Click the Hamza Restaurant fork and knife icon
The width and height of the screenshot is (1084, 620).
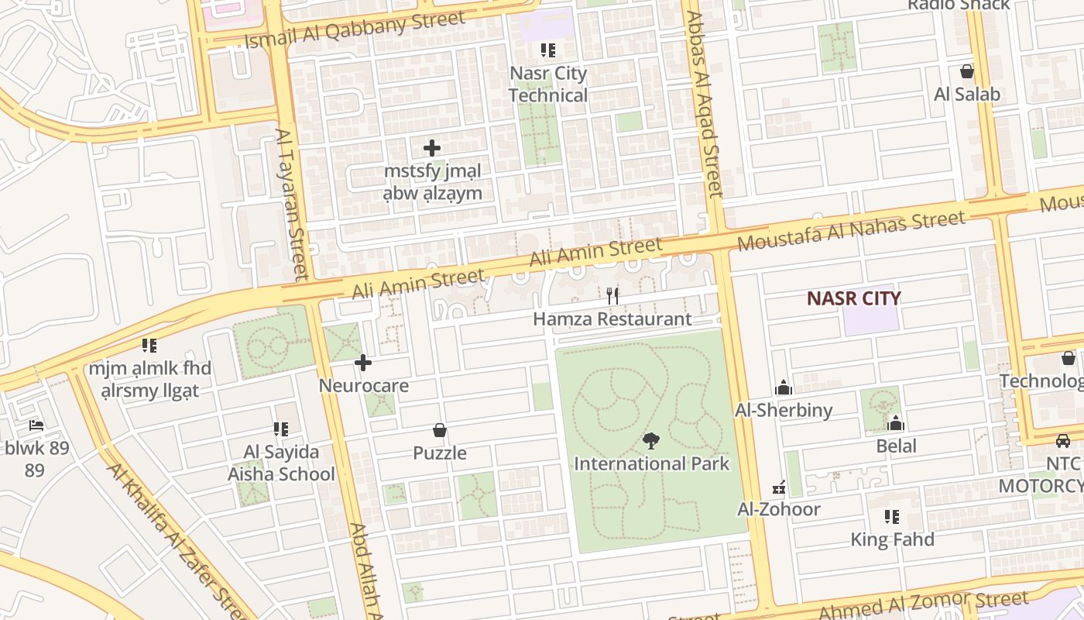(612, 295)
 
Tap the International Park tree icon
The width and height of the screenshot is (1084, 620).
(651, 441)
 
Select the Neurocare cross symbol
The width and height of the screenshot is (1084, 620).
(363, 363)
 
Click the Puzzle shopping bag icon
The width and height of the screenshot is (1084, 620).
(440, 430)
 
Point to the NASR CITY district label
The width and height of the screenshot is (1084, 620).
(854, 298)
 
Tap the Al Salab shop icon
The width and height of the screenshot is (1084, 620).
(967, 72)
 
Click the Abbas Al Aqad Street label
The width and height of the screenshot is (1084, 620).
(704, 105)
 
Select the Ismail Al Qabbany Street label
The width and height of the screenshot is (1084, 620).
(355, 29)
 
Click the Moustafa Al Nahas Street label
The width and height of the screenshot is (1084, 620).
(852, 230)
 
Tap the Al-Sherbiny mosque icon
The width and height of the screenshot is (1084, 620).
(784, 387)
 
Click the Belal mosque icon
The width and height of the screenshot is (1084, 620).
(896, 423)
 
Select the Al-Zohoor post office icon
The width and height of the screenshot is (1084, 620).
(779, 487)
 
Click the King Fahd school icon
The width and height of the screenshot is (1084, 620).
(892, 517)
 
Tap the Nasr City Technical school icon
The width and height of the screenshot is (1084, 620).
(548, 51)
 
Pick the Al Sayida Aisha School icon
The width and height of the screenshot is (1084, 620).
(281, 429)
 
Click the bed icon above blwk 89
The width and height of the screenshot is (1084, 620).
(36, 425)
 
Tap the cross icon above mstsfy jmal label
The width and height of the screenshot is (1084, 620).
(432, 147)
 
